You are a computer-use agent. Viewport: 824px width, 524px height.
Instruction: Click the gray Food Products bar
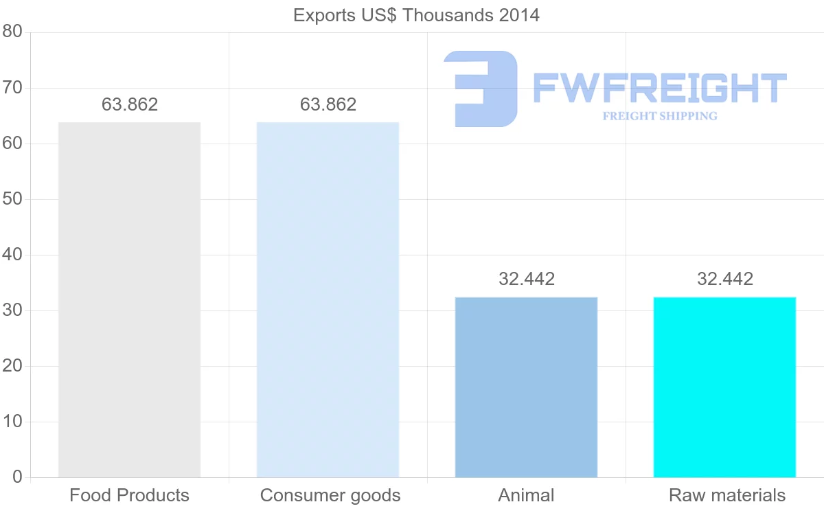tap(129, 299)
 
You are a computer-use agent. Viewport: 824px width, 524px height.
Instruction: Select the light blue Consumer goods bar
tap(328, 299)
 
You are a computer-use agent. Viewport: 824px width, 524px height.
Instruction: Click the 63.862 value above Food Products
tap(130, 104)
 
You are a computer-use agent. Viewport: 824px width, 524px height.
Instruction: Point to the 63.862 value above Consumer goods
tap(328, 104)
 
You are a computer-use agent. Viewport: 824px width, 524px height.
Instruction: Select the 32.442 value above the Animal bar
tap(527, 279)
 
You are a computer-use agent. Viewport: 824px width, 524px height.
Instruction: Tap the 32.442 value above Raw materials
tap(725, 279)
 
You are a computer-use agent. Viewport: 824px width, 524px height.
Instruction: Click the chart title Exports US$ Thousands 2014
tap(416, 15)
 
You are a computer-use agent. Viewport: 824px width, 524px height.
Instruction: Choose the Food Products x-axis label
tap(129, 495)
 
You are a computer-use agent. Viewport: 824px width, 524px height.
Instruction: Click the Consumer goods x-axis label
tap(330, 495)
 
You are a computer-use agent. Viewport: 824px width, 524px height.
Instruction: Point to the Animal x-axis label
tap(526, 495)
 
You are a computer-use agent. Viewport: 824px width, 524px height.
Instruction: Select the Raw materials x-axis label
tap(726, 495)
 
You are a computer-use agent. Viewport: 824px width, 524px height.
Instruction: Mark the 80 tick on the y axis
tap(12, 32)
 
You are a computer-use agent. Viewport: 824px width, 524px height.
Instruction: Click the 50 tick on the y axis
tap(12, 199)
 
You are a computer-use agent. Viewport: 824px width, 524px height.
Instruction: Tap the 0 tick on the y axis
tap(17, 477)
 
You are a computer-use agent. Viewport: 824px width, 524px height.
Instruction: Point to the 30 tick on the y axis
tap(12, 310)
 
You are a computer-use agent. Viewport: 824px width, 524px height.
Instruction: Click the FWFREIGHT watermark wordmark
tap(659, 88)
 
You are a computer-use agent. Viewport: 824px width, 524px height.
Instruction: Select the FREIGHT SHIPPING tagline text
tap(660, 116)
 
